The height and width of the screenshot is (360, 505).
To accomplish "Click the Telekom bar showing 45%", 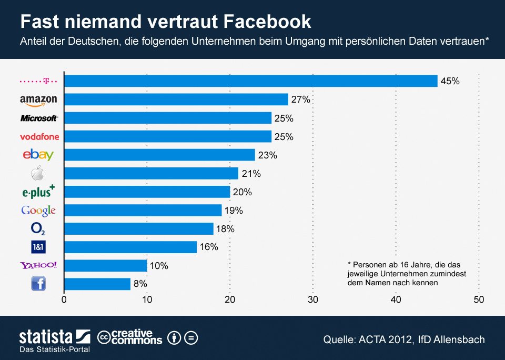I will pos(250,81).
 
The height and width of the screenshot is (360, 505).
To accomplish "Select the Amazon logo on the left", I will pos(38,100).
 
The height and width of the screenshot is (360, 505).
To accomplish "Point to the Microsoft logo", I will pos(39,118).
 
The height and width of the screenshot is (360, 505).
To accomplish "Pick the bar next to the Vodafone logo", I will pos(167,137).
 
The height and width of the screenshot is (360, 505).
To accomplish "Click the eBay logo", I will pos(38,155).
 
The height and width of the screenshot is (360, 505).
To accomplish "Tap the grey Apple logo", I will pos(38,174).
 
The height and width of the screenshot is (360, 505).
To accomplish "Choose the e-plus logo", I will pos(38,192).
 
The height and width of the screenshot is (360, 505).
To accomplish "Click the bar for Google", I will pos(143,211).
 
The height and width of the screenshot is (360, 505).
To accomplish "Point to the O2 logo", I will pos(38,229).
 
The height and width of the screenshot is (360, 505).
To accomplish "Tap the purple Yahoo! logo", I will pos(38,265).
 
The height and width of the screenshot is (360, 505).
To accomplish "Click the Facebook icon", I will pos(38,284).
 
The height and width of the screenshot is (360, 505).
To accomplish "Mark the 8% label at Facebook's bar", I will pos(140,284).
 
